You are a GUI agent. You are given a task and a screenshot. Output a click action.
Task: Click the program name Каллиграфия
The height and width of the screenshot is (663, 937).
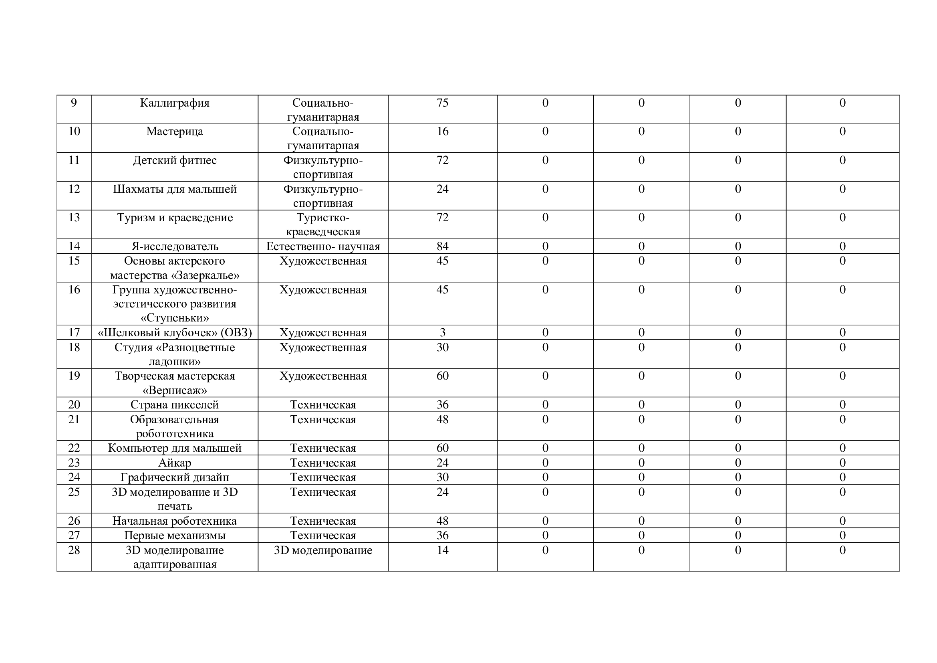[x=174, y=103]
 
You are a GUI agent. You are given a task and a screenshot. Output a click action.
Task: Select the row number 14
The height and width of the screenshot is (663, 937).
[x=74, y=246]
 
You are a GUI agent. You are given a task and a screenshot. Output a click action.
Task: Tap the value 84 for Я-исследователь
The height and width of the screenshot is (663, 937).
[x=442, y=246]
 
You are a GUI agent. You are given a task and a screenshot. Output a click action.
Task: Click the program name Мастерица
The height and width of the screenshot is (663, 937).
[x=174, y=131]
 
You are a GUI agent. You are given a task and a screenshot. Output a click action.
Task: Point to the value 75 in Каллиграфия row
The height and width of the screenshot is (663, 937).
[x=442, y=103]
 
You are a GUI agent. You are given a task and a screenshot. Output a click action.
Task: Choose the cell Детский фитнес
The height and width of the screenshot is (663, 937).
[x=174, y=160]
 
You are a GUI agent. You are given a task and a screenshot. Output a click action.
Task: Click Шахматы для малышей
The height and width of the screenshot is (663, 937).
[x=174, y=189]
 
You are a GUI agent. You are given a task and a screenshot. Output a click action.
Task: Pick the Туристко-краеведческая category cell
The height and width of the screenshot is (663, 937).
[x=323, y=224]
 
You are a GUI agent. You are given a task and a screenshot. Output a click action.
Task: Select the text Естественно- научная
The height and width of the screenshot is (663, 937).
[x=323, y=246]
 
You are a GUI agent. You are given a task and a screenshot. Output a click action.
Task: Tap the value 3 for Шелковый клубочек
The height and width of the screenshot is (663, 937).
[x=442, y=332]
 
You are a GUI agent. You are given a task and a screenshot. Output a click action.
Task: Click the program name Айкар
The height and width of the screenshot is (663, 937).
[x=174, y=463]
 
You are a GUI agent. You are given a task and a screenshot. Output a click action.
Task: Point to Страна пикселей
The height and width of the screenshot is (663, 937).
[x=174, y=404]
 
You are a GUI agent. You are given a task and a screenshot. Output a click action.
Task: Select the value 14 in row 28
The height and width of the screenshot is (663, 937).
[x=442, y=550]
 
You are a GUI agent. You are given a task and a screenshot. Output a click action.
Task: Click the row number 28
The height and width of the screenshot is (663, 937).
[x=74, y=550]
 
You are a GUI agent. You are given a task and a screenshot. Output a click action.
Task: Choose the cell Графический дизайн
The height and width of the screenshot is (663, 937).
[x=174, y=477]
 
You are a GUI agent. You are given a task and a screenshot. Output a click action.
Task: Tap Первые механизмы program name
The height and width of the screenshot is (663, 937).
[x=174, y=535]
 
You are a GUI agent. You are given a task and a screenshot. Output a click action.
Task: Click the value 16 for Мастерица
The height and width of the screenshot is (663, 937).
[x=442, y=131]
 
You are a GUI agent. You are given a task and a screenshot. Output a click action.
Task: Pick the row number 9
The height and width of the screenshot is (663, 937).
[x=74, y=103]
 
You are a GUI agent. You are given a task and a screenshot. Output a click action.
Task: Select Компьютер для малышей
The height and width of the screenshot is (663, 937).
[x=174, y=448]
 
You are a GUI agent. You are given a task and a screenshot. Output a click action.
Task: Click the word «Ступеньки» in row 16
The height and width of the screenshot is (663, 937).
[x=174, y=317]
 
